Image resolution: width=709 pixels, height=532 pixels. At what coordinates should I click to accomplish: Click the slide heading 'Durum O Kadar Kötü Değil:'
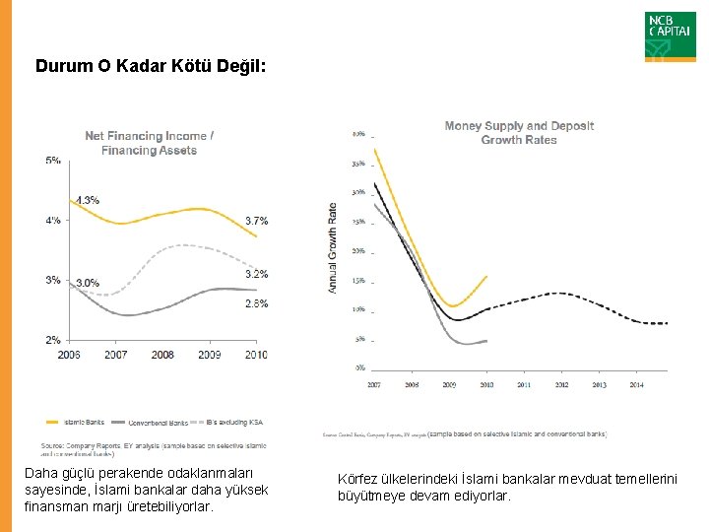pos(150,67)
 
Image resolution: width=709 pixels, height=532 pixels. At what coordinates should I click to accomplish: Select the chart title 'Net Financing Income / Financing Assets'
pos(149,143)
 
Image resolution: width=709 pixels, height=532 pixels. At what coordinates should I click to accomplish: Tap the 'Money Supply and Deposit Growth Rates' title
pos(519,133)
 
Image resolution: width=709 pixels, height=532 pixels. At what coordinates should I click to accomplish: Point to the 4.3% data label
pos(87,200)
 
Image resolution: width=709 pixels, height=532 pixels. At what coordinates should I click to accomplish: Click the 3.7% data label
pos(256,220)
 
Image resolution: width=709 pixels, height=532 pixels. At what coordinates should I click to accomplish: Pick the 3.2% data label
pos(256,274)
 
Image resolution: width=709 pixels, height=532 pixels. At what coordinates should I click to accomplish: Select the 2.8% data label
pos(256,303)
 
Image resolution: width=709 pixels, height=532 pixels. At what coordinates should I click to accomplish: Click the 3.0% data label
pos(87,283)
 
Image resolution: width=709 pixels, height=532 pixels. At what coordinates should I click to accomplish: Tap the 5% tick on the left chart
pos(52,161)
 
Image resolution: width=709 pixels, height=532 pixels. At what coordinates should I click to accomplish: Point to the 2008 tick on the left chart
pos(162,354)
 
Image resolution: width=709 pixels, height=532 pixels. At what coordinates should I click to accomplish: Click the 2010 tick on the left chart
pos(256,354)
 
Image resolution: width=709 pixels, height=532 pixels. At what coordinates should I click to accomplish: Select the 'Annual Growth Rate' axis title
pos(332,247)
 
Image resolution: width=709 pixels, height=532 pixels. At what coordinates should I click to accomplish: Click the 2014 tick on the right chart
pos(637,385)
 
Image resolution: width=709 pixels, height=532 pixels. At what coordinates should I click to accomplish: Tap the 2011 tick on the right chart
pos(524,385)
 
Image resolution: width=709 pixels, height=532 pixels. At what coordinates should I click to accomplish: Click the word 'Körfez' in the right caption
pos(356,479)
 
